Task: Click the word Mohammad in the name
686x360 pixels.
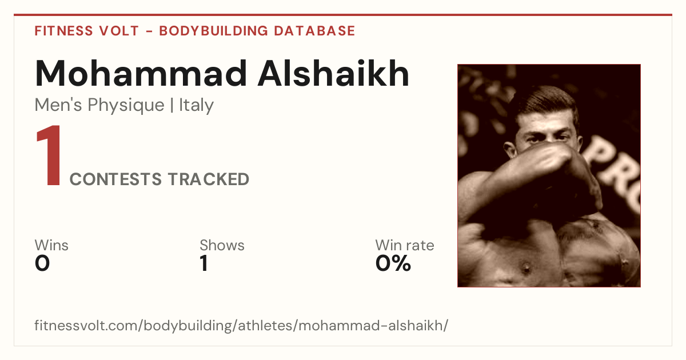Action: (x=141, y=74)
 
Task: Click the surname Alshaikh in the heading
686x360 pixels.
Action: (x=333, y=74)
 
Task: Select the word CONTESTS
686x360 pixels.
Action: (x=115, y=179)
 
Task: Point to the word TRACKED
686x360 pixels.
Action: (x=209, y=179)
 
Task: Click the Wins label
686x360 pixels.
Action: (x=51, y=245)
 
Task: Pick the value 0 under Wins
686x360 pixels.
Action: (x=42, y=263)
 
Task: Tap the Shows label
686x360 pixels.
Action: (x=222, y=245)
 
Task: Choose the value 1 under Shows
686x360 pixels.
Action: (x=204, y=263)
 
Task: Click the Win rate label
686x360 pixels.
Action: (x=405, y=245)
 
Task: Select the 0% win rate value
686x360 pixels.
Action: (x=393, y=263)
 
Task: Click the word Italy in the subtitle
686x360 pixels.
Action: (x=196, y=105)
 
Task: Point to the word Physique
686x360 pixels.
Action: (x=126, y=106)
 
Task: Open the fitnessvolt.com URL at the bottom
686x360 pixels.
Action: (x=241, y=325)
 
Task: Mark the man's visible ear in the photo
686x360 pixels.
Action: (x=510, y=149)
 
